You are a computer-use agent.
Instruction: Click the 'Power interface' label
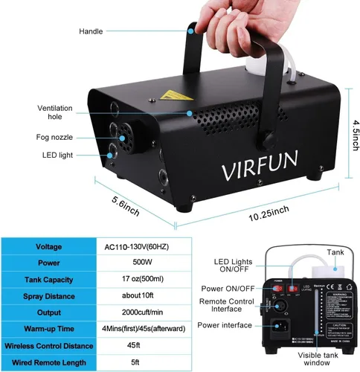(x=226, y=325)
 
